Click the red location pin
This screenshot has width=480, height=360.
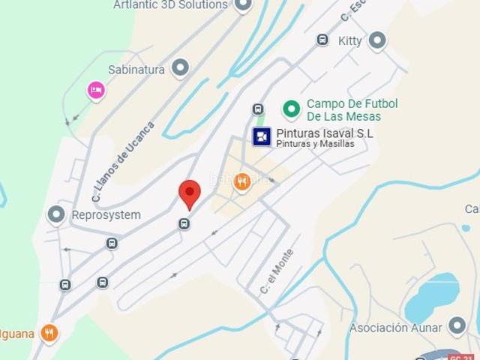point(190,194)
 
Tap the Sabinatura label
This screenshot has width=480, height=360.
point(136,70)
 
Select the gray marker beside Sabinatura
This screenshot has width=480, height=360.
point(180,69)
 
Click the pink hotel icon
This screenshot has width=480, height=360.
point(96,90)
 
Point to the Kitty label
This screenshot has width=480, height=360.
point(349,40)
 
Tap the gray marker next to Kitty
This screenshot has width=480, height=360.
point(376,40)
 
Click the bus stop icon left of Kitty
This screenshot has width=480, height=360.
point(322,40)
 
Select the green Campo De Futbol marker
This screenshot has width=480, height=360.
point(291,109)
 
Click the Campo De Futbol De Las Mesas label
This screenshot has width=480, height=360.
point(352,110)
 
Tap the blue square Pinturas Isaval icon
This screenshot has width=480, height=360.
point(262,136)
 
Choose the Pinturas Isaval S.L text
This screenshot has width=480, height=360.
point(324,133)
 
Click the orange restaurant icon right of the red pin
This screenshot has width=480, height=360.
point(241,181)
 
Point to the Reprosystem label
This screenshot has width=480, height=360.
point(106,215)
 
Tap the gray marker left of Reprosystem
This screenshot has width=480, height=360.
point(56,215)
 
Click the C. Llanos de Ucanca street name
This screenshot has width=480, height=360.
point(123,162)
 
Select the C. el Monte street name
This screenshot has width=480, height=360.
point(277,271)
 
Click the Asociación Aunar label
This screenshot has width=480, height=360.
point(397,328)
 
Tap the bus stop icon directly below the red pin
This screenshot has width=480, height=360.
point(184,223)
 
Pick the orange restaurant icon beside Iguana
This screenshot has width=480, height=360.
point(49,332)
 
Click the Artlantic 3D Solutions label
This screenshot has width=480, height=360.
point(170,5)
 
